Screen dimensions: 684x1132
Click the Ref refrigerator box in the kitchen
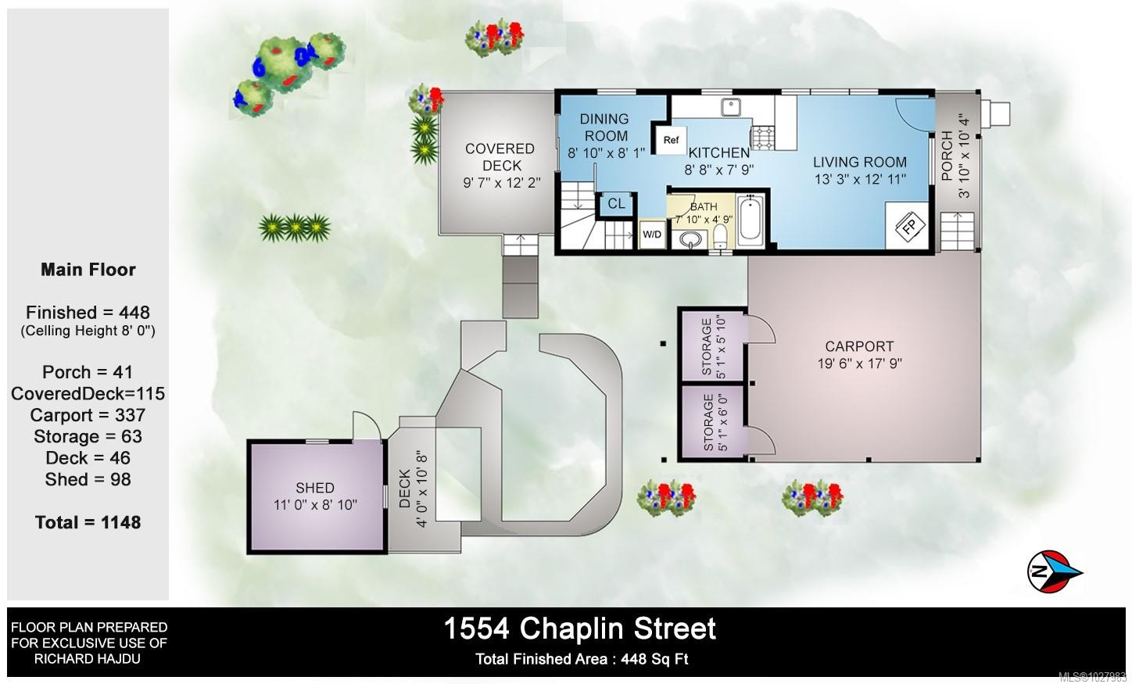(670, 140)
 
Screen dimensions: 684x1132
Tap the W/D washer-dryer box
(651, 235)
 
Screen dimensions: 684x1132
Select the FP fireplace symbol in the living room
(909, 225)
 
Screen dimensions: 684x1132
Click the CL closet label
(616, 204)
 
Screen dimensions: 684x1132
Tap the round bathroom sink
(690, 238)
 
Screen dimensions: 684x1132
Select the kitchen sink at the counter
(731, 106)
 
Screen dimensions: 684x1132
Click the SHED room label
(315, 488)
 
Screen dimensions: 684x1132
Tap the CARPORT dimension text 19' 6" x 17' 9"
(859, 363)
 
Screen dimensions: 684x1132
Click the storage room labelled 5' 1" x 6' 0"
(713, 422)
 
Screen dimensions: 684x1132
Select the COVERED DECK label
(500, 157)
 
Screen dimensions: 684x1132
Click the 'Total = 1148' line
(88, 522)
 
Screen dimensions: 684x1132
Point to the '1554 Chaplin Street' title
(579, 628)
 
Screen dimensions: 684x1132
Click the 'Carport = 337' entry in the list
(88, 415)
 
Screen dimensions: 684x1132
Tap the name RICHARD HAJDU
(88, 659)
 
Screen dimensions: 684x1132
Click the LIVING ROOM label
(859, 162)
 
